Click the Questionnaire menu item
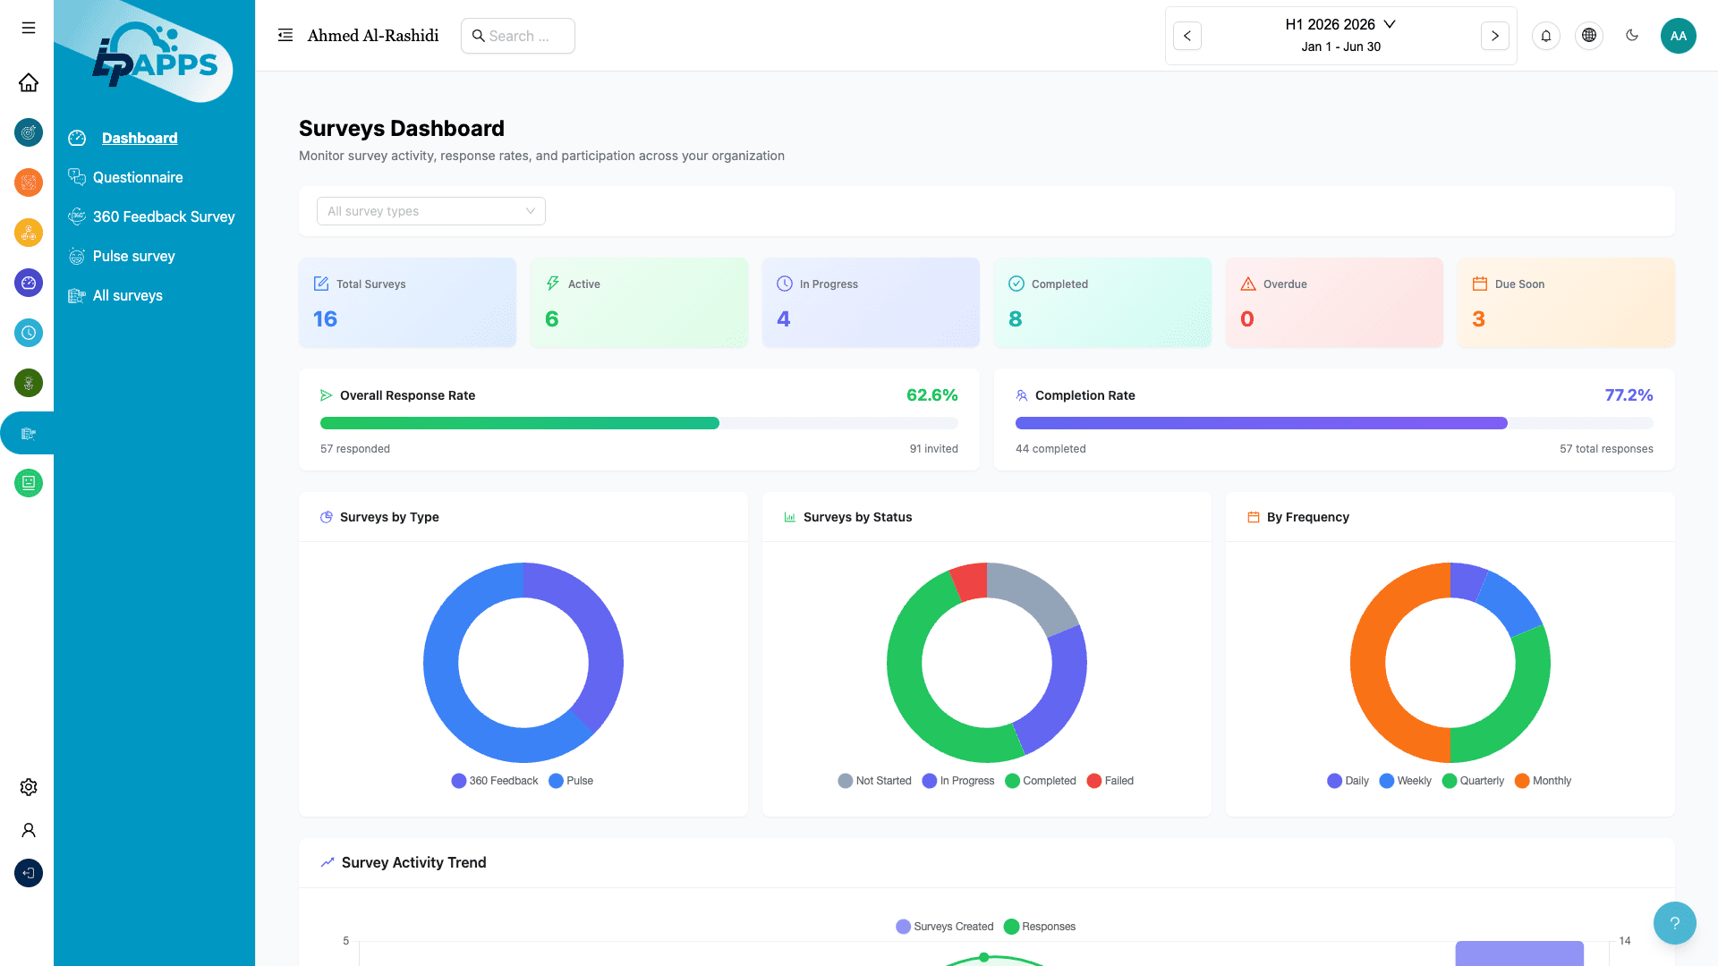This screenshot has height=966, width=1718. pos(138,177)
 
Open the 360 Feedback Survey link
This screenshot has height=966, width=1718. pos(163,216)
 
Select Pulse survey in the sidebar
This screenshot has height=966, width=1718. pos(133,256)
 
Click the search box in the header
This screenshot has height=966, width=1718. pos(518,36)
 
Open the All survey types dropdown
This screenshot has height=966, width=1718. pos(430,211)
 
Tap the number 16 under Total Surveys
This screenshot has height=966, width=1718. pos(325,319)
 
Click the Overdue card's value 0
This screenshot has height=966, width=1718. pos(1246,319)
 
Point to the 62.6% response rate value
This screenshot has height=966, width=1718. pos(931,395)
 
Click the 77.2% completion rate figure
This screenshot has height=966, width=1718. pos(1628,395)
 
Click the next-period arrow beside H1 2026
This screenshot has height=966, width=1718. pos(1494,36)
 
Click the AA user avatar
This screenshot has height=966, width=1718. pos(1678,36)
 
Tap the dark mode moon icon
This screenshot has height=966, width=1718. pos(1632,36)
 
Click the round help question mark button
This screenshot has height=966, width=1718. pos(1674,923)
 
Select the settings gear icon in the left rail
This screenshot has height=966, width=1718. pos(29,787)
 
